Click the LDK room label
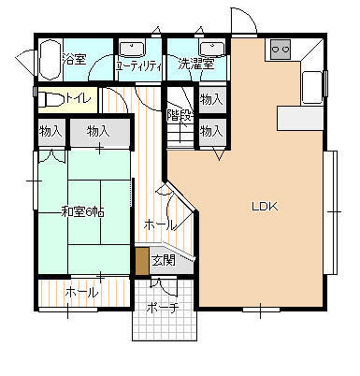(265, 207)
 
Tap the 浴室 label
(74, 59)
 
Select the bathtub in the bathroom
(50, 58)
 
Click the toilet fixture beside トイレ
(51, 99)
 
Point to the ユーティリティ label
(138, 65)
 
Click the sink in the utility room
(132, 49)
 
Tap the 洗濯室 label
(196, 64)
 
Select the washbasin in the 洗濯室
(212, 49)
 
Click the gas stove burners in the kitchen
(281, 50)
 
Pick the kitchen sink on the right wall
(312, 88)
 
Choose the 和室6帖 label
(82, 212)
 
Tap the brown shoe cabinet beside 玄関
(142, 261)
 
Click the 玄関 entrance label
(163, 260)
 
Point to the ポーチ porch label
(163, 309)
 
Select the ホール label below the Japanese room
(82, 293)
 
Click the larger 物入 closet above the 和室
(99, 132)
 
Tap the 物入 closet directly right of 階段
(212, 99)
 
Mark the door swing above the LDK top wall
(244, 20)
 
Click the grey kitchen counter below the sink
(300, 118)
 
